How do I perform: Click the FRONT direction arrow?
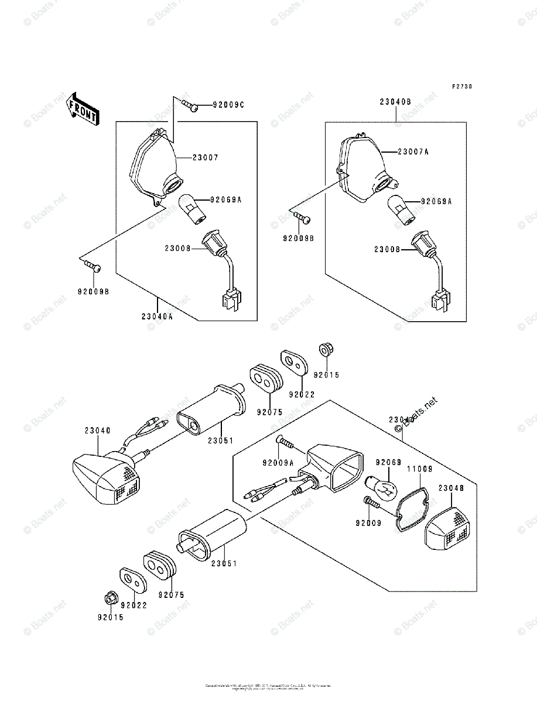tap(82, 109)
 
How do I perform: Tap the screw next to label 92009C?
tap(189, 105)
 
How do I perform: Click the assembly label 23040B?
tap(395, 101)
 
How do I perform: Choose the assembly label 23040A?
tap(157, 316)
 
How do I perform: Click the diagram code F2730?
tap(461, 87)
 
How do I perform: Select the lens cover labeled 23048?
tap(447, 525)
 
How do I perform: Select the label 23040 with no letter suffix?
tap(97, 431)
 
